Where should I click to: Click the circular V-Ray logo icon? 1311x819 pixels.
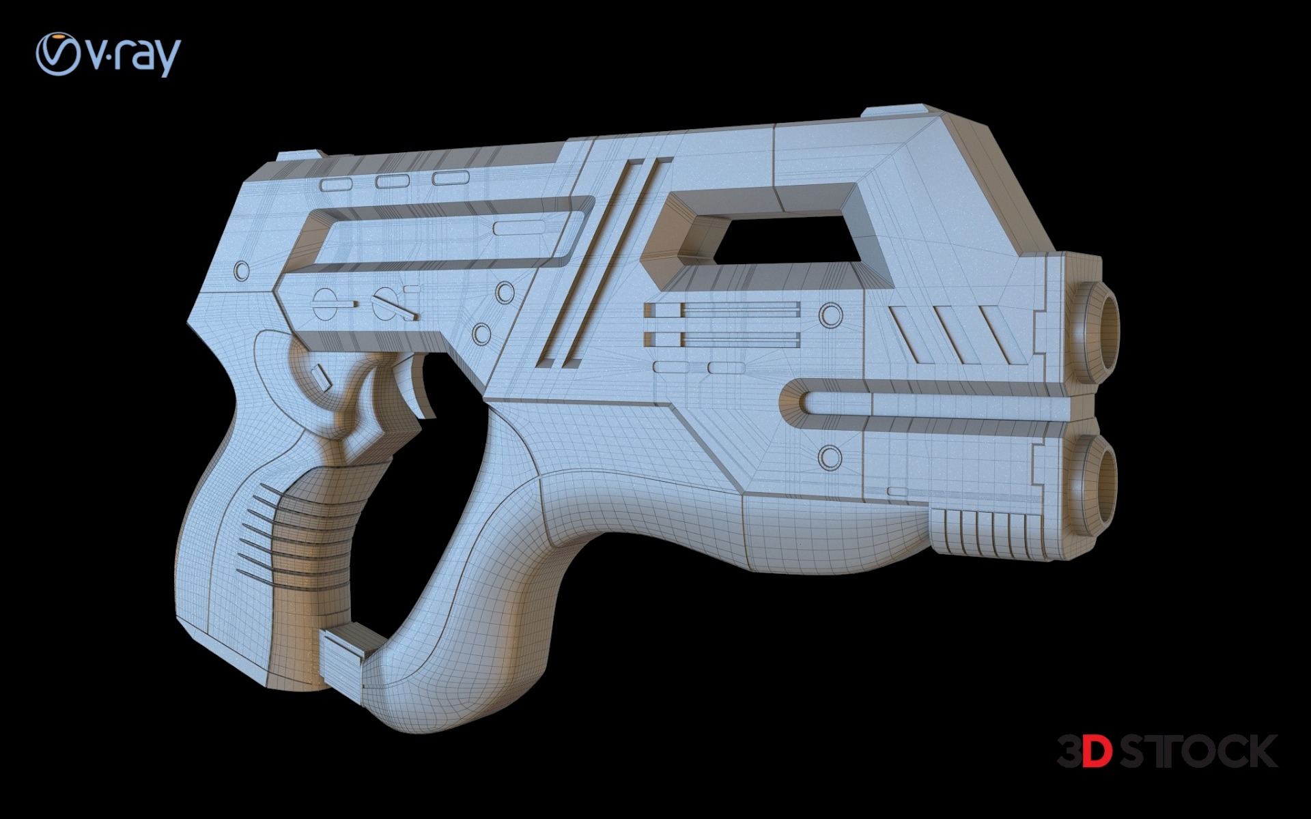tap(58, 54)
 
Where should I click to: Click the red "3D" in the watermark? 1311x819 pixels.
tap(1085, 751)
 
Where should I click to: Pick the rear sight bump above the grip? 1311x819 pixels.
tap(297, 157)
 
